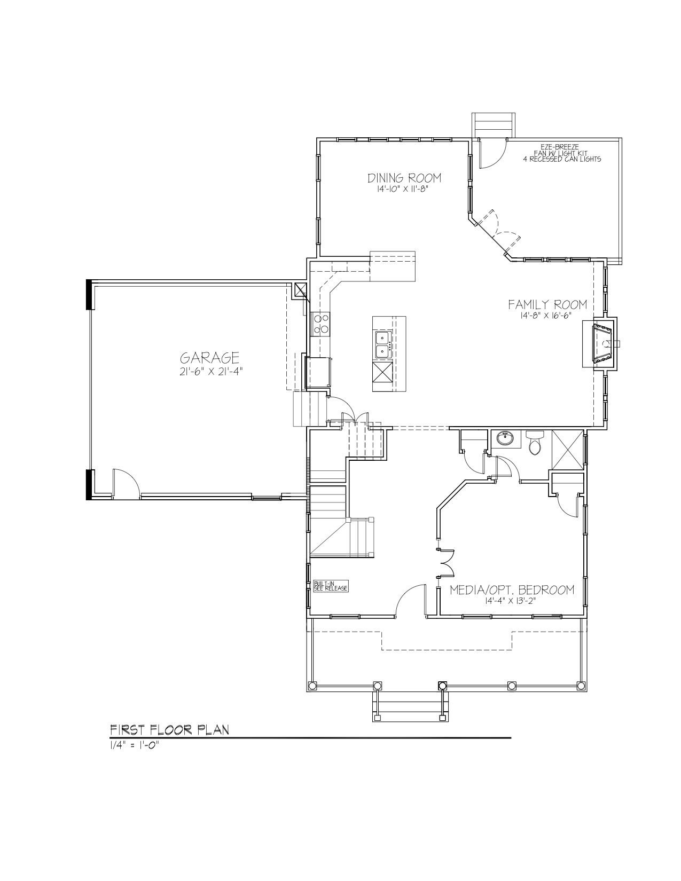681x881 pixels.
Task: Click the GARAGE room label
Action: [209, 358]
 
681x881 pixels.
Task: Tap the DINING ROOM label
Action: [404, 178]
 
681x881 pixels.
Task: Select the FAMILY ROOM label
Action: [547, 304]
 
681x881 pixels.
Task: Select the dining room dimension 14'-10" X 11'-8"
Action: [404, 188]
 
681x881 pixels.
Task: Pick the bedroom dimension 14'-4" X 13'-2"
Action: [510, 601]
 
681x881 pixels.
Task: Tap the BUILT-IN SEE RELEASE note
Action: [331, 586]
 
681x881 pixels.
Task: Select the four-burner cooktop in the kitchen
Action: [321, 324]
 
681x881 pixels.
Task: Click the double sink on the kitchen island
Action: [382, 344]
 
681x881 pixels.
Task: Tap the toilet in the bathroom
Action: [534, 443]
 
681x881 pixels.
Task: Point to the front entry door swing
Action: [410, 600]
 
